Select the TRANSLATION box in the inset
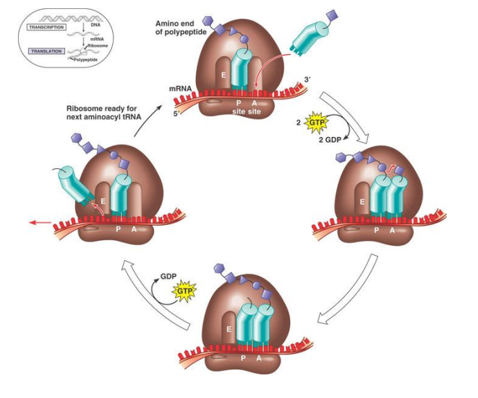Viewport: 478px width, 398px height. pyautogui.click(x=46, y=51)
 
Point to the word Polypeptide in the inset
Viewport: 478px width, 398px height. pyautogui.click(x=96, y=61)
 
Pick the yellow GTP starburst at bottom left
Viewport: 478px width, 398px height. pyautogui.click(x=184, y=292)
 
